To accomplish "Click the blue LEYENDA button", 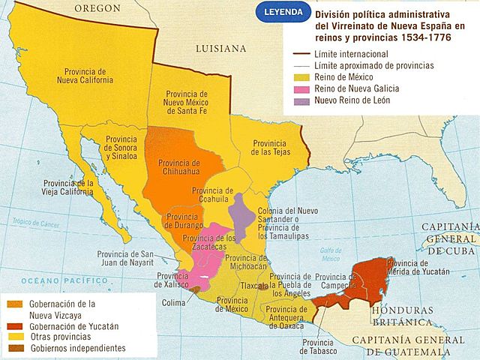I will click(x=278, y=13).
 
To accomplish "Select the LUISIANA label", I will click(x=220, y=48).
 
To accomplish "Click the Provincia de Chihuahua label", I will click(x=179, y=167).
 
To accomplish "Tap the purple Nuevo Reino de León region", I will click(x=241, y=213).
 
